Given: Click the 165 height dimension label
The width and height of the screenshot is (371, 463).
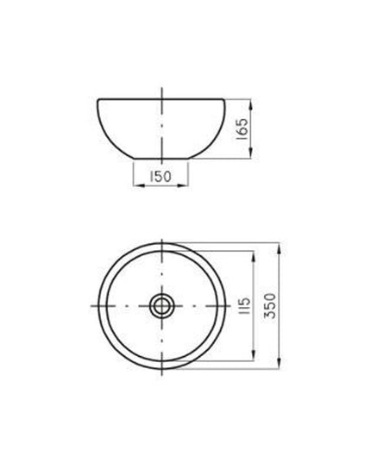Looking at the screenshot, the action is click(242, 129).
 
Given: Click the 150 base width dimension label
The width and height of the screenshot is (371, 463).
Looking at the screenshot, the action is click(160, 177).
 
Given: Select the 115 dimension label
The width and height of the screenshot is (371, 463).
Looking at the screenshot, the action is click(244, 305).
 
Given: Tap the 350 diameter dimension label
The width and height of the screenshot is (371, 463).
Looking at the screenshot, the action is click(270, 305).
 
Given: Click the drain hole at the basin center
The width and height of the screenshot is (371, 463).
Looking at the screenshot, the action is click(161, 305).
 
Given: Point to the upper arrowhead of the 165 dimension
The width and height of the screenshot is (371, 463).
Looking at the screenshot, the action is click(250, 104).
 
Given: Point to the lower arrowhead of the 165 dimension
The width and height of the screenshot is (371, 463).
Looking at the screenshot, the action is click(250, 153).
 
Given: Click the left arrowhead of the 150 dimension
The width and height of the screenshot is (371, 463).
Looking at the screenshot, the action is click(139, 185).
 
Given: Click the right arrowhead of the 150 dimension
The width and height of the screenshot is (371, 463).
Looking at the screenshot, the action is click(183, 185).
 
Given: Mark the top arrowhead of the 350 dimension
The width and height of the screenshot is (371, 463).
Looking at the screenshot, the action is click(280, 248).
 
